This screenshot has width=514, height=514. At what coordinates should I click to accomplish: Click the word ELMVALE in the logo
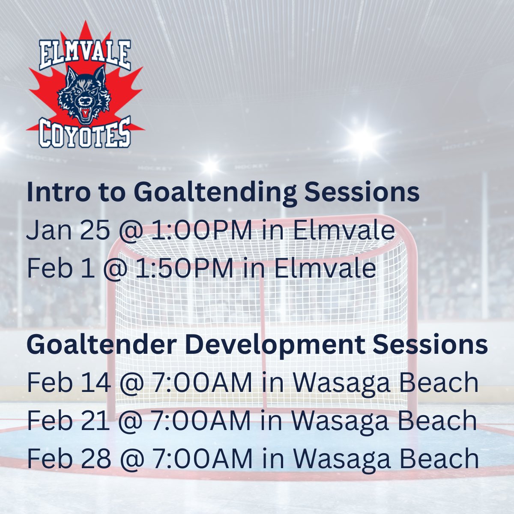coord(85,55)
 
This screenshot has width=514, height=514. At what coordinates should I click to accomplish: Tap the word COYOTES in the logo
coord(85,133)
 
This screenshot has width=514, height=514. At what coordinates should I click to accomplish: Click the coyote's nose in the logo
coord(85,101)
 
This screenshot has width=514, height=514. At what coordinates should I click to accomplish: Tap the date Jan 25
coord(68,230)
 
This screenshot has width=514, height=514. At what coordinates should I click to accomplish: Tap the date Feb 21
coord(69,420)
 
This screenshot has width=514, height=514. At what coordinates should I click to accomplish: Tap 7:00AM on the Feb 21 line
coord(201,420)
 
